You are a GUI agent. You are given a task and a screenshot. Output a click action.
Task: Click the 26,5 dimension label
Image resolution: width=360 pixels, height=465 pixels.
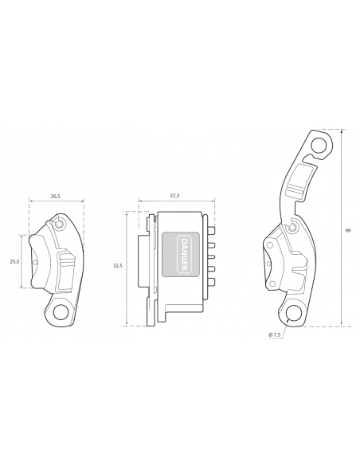55,196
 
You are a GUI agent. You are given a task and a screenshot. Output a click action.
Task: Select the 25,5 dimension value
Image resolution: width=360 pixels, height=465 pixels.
14,261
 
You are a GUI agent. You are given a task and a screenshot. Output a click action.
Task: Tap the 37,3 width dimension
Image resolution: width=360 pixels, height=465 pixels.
174,195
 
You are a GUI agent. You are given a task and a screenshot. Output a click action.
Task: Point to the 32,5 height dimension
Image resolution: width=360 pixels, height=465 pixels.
117,266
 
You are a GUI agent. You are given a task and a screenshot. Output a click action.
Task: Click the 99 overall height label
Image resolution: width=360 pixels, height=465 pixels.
348,230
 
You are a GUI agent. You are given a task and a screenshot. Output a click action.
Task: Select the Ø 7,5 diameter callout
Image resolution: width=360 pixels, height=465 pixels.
274,334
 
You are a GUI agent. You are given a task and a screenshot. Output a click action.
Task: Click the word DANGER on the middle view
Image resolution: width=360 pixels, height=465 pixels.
183,254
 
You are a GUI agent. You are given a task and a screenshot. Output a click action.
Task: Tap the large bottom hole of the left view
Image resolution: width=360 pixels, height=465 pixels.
61,312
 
